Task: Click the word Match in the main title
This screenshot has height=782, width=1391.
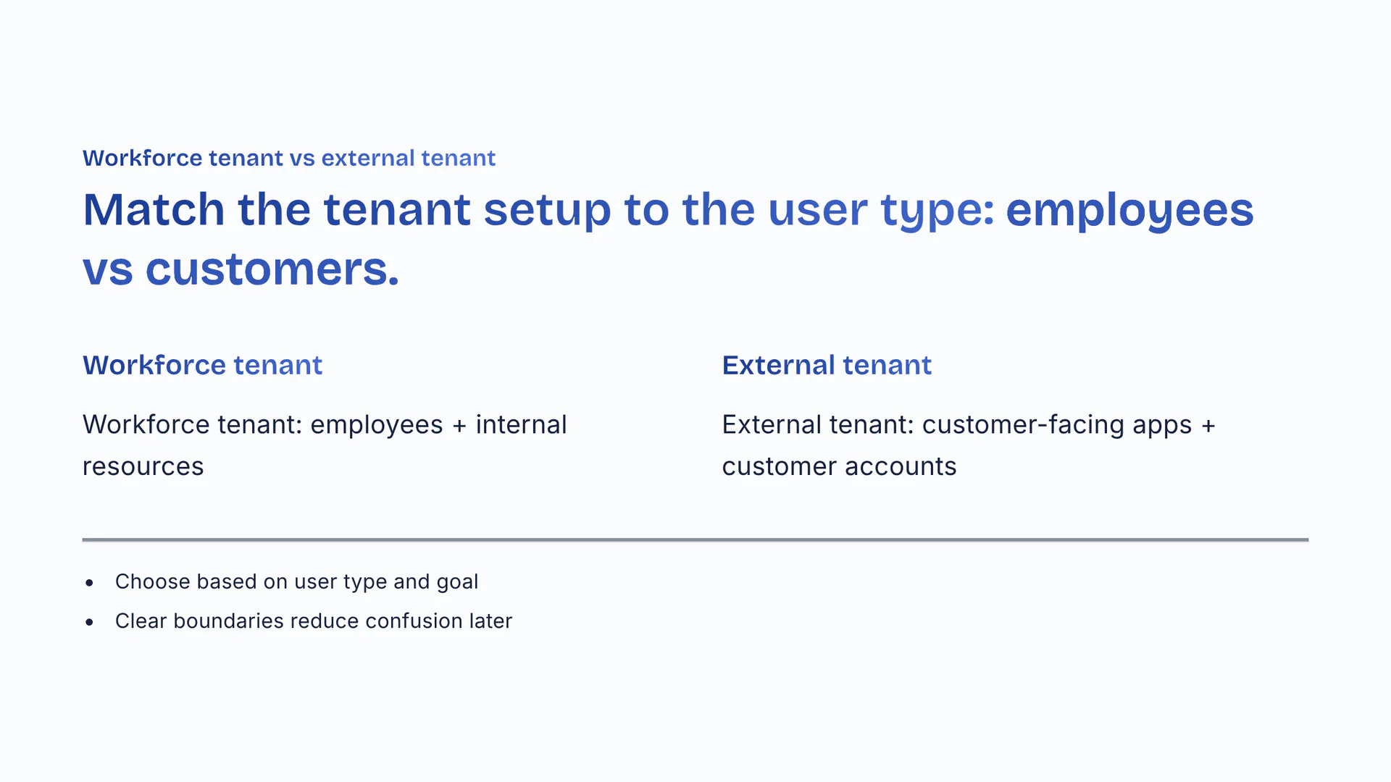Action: [x=154, y=210]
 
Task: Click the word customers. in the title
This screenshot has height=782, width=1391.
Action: [x=272, y=269]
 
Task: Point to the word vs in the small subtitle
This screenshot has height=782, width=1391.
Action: [x=302, y=159]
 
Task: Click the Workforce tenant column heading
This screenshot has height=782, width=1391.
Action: [x=202, y=365]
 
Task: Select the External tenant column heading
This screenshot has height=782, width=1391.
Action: [x=827, y=365]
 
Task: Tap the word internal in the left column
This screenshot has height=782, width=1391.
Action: [x=521, y=424]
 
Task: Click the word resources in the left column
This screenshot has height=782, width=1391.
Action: [x=143, y=467]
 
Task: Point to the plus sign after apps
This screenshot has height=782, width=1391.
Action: [x=1208, y=426]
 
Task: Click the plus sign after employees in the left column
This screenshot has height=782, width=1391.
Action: [x=459, y=426]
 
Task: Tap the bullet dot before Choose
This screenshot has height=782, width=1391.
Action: [x=89, y=582]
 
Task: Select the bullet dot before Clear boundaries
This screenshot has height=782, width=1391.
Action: [x=89, y=621]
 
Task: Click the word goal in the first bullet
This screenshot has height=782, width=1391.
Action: [x=457, y=583]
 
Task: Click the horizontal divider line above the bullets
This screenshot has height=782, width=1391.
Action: [x=695, y=539]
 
